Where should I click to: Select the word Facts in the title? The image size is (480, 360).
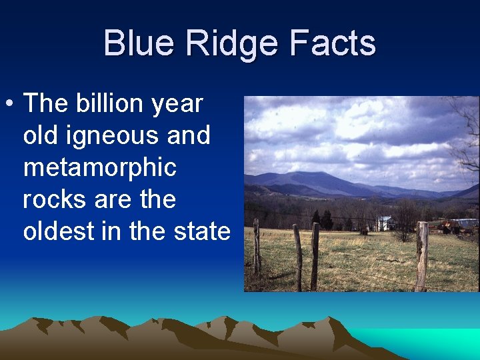pyautogui.click(x=335, y=43)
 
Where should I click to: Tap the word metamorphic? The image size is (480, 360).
pyautogui.click(x=100, y=167)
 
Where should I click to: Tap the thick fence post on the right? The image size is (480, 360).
pyautogui.click(x=421, y=256)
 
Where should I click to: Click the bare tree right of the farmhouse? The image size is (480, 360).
pyautogui.click(x=405, y=218)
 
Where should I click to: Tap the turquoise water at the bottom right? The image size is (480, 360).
pyautogui.click(x=440, y=341)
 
